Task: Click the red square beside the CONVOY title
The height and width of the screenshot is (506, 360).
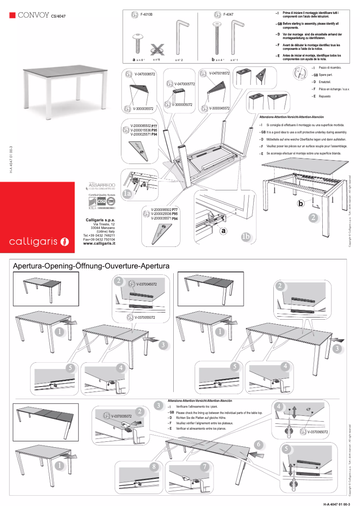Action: click(x=13, y=16)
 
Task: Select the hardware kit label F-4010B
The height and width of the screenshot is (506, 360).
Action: click(x=146, y=15)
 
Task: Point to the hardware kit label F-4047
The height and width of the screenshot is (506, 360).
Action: click(x=228, y=15)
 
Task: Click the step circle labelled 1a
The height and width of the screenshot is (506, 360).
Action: click(x=127, y=194)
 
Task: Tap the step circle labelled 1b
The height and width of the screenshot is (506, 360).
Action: click(x=246, y=237)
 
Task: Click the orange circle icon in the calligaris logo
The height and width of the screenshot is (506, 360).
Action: click(x=65, y=242)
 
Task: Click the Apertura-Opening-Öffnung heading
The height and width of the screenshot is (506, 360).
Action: click(x=91, y=266)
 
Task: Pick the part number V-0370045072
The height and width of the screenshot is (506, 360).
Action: click(x=145, y=284)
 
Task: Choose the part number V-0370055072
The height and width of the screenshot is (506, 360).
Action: click(x=145, y=317)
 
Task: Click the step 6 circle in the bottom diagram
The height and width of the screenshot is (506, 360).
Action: click(x=258, y=444)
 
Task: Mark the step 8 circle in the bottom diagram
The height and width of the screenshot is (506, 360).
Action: click(x=154, y=467)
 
